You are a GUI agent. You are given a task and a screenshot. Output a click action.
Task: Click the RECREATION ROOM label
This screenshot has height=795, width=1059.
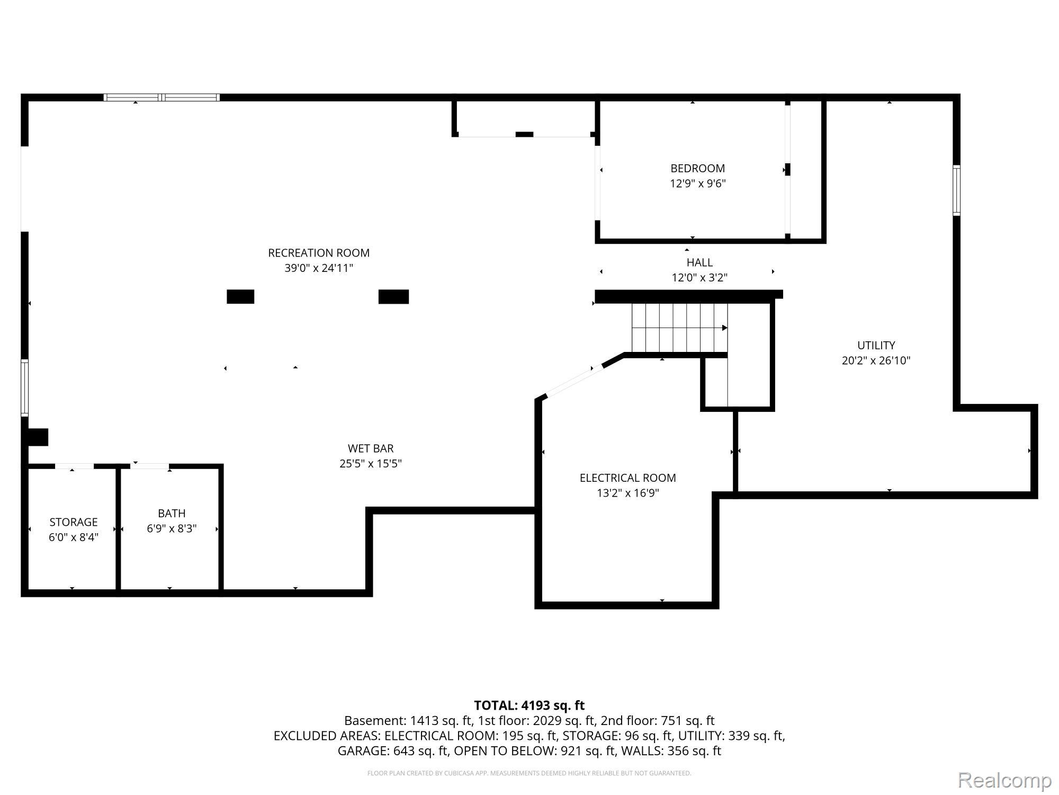[319, 253]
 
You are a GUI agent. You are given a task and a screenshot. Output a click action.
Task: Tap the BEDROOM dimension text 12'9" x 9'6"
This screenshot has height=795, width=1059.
[697, 184]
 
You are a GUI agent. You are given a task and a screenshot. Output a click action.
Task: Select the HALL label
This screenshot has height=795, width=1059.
[699, 262]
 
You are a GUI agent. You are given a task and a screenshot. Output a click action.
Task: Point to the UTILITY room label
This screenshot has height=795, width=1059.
[876, 346]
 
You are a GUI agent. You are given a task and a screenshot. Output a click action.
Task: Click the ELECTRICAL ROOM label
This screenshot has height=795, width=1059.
[627, 478]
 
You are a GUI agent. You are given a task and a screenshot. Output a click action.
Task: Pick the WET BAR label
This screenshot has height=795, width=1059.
[370, 448]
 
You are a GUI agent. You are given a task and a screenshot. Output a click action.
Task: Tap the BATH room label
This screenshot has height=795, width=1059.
[172, 514]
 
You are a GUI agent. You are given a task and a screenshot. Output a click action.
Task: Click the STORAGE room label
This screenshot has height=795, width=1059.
[74, 522]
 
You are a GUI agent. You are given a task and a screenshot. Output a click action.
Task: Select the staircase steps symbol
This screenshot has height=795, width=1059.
[679, 328]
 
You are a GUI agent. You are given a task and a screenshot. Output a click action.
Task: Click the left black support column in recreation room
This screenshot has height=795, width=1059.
[240, 297]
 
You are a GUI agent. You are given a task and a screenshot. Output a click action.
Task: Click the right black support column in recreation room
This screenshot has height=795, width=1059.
[393, 297]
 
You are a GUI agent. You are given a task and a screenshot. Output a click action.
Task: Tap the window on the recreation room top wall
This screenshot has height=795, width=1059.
[161, 98]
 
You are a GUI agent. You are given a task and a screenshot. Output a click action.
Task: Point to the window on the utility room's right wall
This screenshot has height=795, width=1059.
[956, 190]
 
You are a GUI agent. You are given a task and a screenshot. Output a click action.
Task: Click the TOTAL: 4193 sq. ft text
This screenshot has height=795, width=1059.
[529, 705]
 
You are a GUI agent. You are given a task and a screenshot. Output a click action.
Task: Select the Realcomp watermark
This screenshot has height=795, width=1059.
[1004, 780]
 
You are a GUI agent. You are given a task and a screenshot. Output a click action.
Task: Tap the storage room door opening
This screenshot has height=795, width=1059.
[74, 466]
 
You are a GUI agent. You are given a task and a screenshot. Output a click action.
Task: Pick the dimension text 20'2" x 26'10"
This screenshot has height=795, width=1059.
[876, 361]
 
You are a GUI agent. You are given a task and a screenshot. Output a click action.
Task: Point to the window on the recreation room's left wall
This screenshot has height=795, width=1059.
[24, 387]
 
